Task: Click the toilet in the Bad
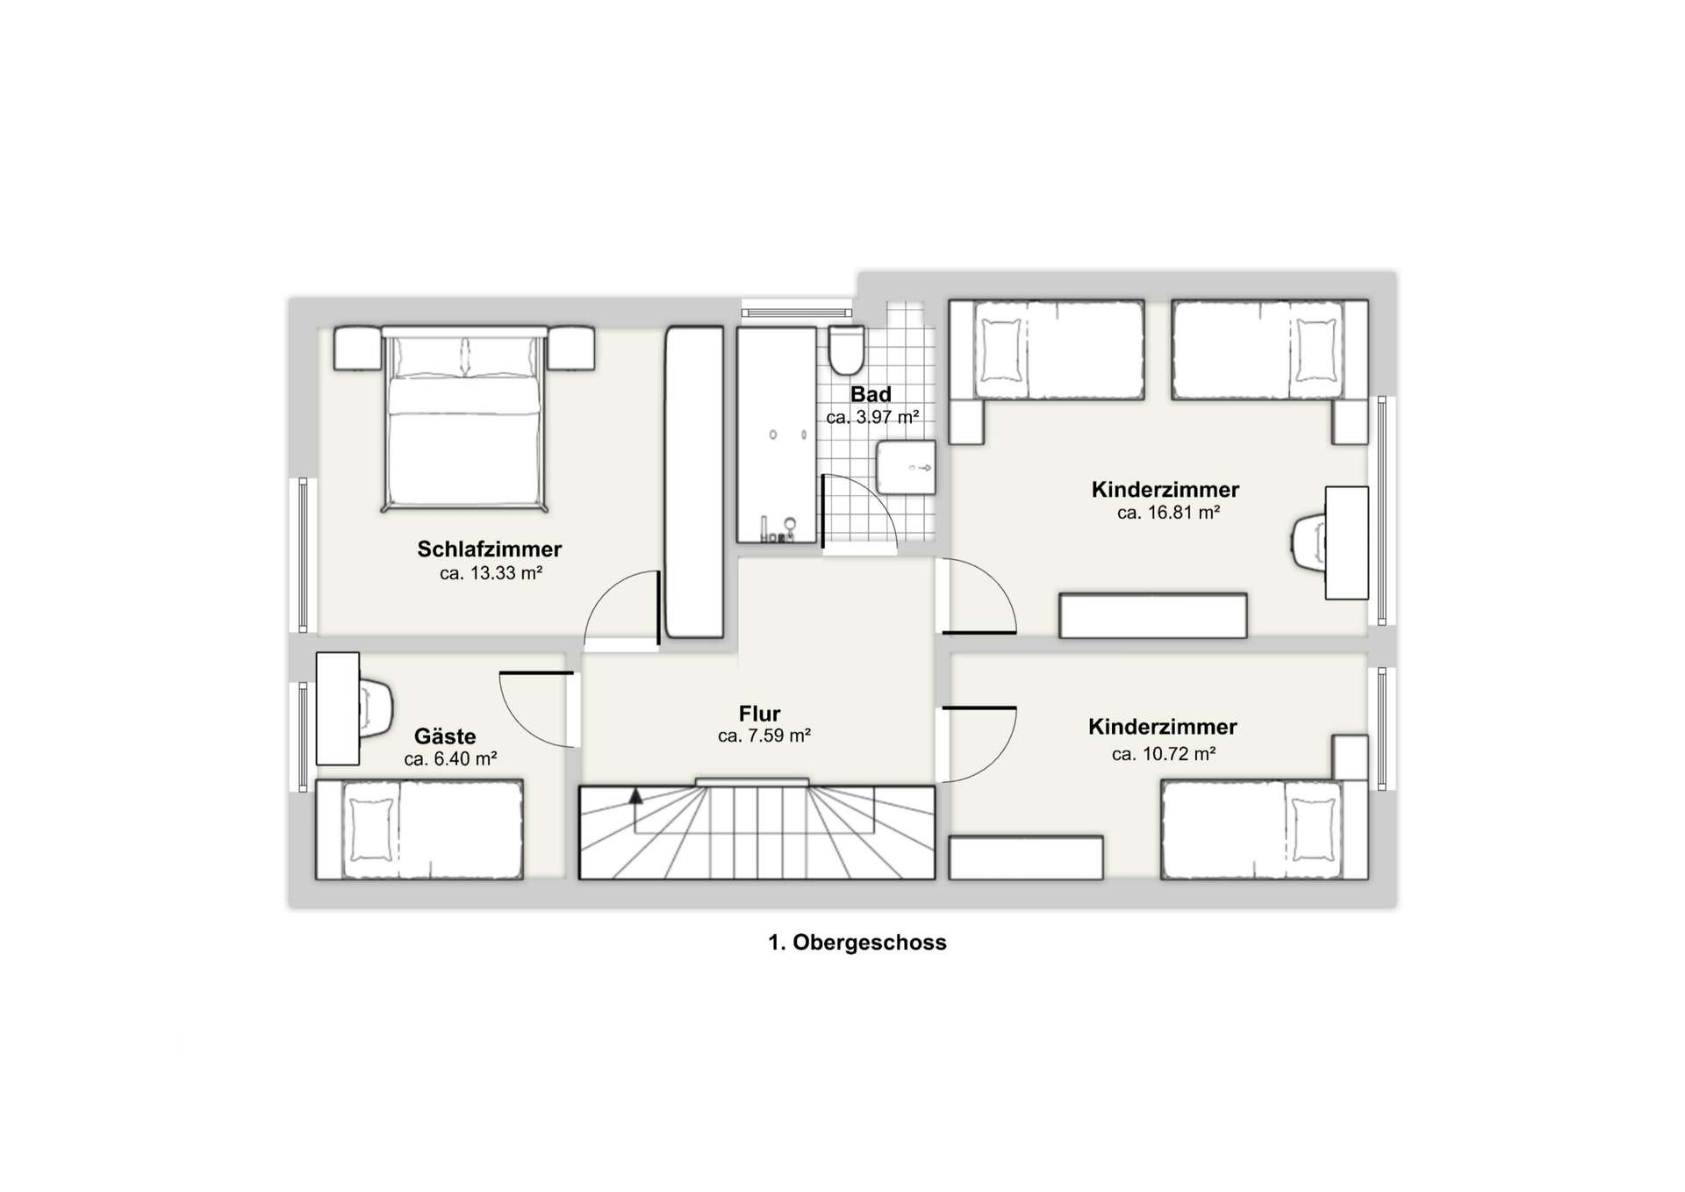tap(847, 350)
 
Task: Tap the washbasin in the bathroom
tap(906, 467)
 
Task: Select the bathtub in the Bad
tap(777, 435)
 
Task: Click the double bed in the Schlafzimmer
tap(463, 419)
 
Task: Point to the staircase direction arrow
tap(635, 796)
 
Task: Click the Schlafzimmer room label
tap(489, 549)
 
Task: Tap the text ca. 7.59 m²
tap(764, 736)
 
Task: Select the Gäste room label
tap(445, 736)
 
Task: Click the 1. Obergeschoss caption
tap(857, 943)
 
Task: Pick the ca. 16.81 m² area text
tap(1168, 513)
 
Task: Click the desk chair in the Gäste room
tap(376, 706)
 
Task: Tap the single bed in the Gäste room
tap(419, 829)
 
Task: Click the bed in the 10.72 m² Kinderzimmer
tap(1265, 829)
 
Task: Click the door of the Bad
tap(823, 512)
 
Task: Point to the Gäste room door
tap(536, 673)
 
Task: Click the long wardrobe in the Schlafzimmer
tap(694, 482)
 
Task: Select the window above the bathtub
tap(796, 312)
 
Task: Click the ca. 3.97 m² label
tap(872, 418)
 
